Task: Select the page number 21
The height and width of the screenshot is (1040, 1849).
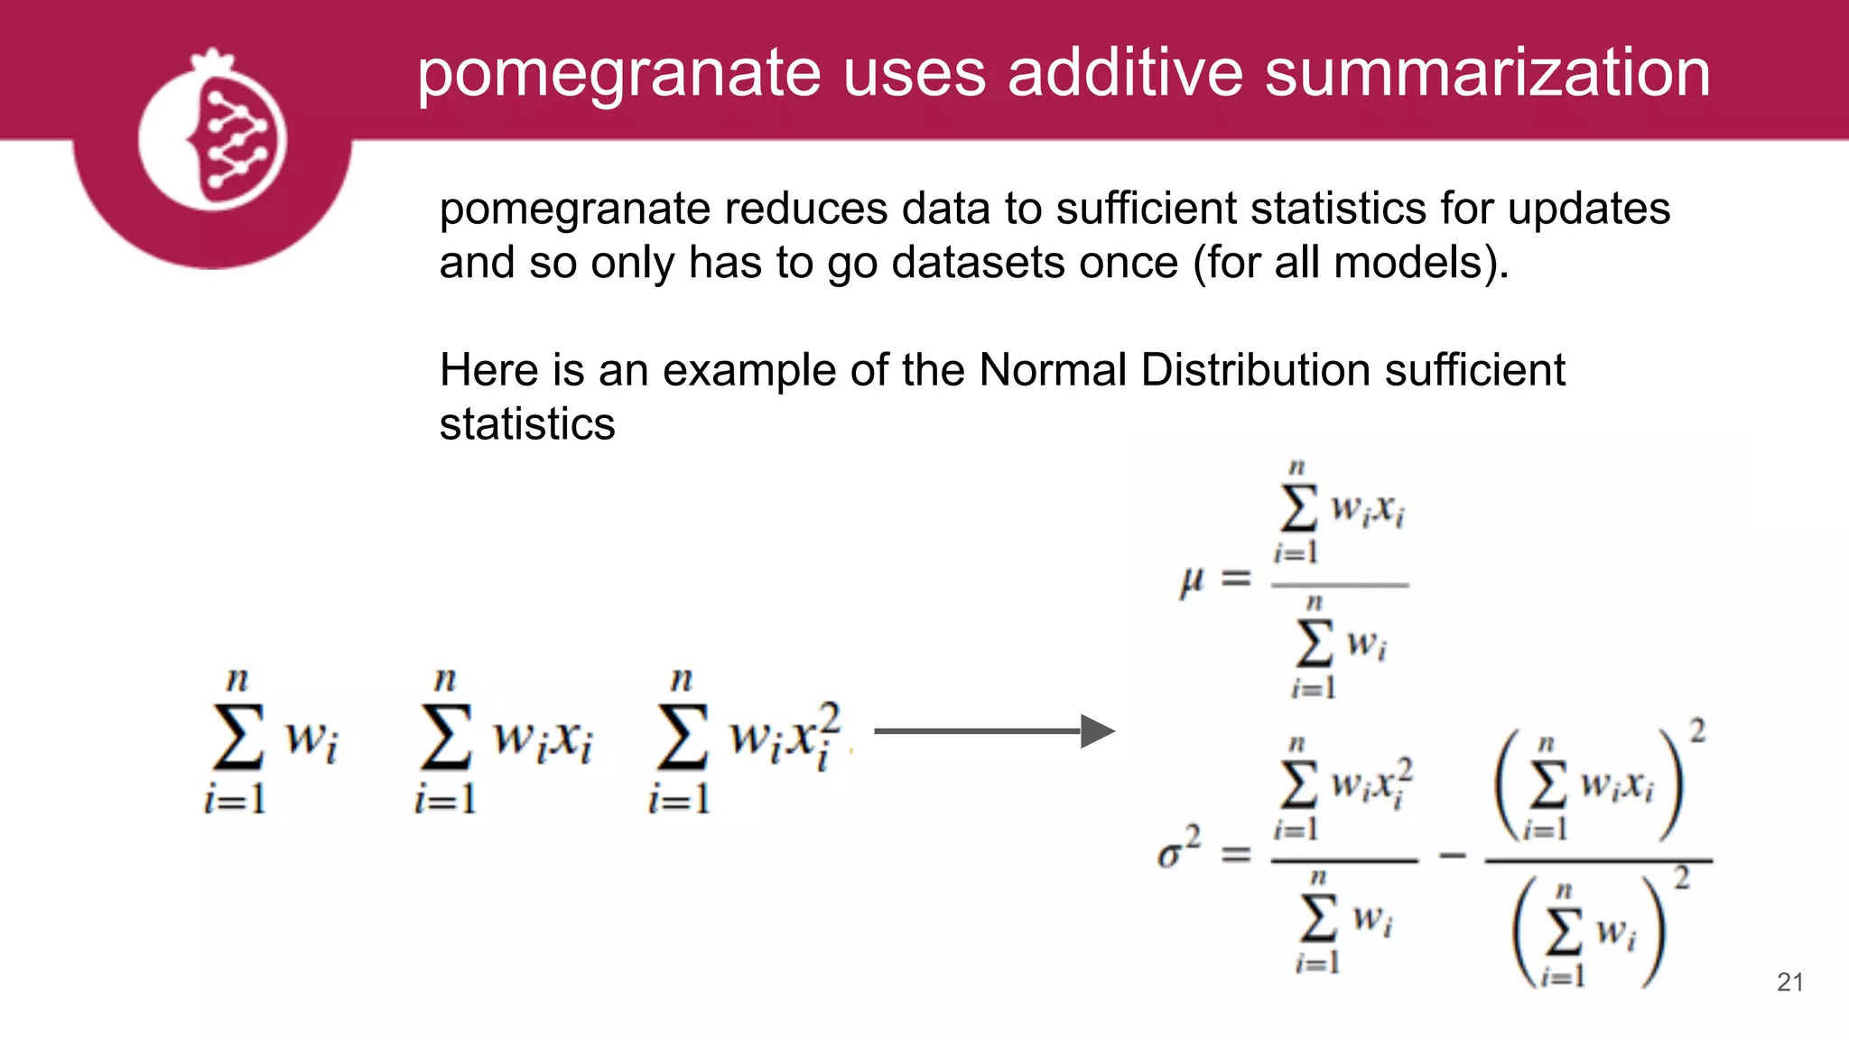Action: pos(1789,982)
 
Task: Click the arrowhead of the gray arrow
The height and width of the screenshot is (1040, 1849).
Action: pos(1097,731)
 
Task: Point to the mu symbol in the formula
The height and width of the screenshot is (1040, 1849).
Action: pos(1192,580)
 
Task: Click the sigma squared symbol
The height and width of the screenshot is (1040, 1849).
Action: pos(1178,849)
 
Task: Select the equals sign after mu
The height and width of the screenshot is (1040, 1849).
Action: pos(1236,578)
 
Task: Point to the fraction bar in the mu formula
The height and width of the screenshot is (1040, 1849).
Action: pos(1339,585)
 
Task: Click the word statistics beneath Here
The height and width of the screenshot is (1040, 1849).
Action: pos(527,424)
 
